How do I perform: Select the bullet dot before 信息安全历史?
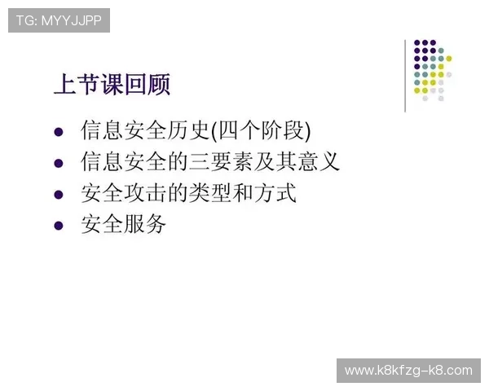58,131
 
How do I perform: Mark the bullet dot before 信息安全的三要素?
58,163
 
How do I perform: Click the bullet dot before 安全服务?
58,225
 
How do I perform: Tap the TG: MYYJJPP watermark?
59,20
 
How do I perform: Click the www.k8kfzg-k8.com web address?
407,371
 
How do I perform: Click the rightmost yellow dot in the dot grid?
449,59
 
